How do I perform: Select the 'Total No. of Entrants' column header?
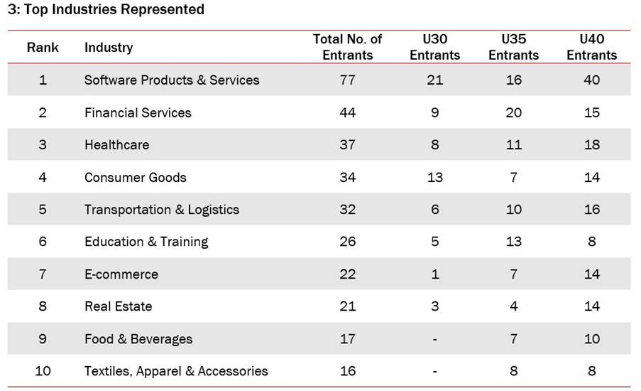pos(347,47)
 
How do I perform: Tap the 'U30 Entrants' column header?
pos(434,47)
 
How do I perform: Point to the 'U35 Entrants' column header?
pos(513,47)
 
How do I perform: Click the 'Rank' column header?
pos(43,48)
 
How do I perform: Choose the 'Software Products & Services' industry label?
pos(172,80)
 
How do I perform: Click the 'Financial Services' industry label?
pos(138,112)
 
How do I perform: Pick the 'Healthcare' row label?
pos(116,145)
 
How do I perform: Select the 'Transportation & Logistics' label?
pos(162,210)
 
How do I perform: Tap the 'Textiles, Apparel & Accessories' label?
pos(176,371)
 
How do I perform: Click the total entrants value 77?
pos(347,80)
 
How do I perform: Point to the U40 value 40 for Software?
pos(591,80)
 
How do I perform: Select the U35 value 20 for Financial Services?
pos(513,112)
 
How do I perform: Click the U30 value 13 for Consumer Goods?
pos(434,177)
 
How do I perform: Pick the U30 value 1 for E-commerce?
pos(434,274)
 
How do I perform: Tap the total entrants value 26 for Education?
pos(347,242)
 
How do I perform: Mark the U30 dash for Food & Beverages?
pos(434,339)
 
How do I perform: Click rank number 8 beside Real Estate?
pos(43,306)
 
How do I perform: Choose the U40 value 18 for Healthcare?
pos(591,145)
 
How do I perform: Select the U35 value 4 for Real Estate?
pos(513,306)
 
